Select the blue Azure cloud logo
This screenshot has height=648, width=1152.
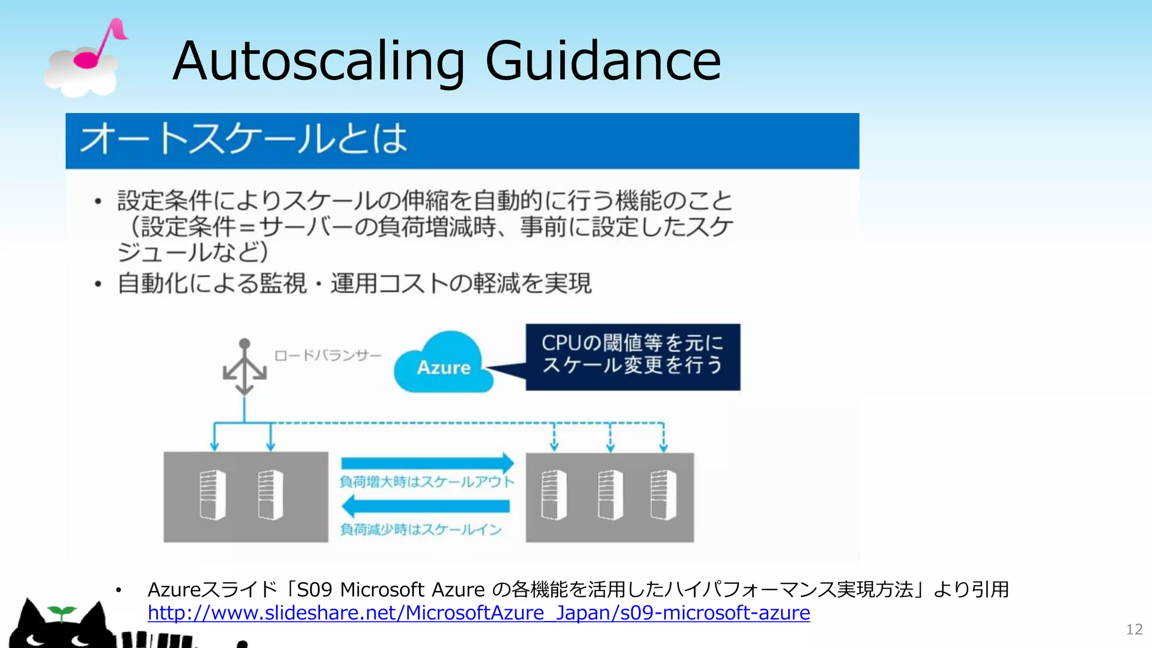[x=443, y=363]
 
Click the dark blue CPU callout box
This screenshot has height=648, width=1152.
[x=633, y=357]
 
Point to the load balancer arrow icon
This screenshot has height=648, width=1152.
[x=245, y=368]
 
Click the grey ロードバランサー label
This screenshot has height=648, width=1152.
[x=327, y=355]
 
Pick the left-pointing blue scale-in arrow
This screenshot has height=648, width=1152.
[x=426, y=506]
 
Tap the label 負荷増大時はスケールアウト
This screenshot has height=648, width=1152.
[x=427, y=482]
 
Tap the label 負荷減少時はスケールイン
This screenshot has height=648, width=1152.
[x=421, y=529]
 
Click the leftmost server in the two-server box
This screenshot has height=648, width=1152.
[x=213, y=495]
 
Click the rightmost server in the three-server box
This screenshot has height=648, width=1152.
[x=663, y=495]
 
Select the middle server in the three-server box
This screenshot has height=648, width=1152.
[x=610, y=495]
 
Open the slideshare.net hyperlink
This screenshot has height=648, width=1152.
[x=479, y=613]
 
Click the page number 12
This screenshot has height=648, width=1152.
[x=1134, y=629]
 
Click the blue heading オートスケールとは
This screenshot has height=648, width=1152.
[x=244, y=139]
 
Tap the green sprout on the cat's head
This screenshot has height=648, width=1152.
[x=61, y=613]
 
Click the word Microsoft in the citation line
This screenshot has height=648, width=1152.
[x=382, y=589]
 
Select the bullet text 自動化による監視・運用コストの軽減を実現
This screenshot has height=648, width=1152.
[x=354, y=283]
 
